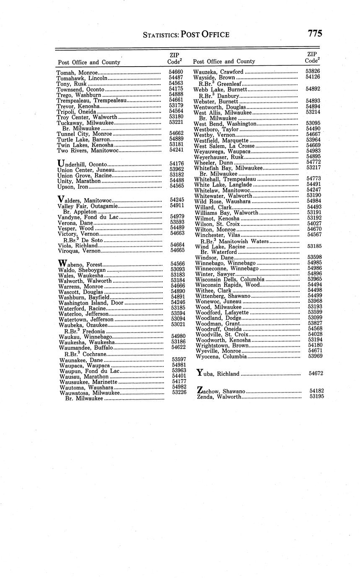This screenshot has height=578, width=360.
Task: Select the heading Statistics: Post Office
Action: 186,35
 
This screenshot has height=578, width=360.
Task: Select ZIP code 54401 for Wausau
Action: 179,376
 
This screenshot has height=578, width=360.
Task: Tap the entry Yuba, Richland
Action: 218,373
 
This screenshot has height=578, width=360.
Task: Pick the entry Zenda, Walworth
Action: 219,397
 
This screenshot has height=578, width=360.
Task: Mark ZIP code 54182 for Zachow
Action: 316,391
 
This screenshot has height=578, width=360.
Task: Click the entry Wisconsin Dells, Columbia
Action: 230,279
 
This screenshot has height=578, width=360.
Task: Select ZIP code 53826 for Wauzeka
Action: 313,72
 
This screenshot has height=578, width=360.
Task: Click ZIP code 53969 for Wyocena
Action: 315,356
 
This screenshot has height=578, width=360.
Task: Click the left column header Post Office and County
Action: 89,62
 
